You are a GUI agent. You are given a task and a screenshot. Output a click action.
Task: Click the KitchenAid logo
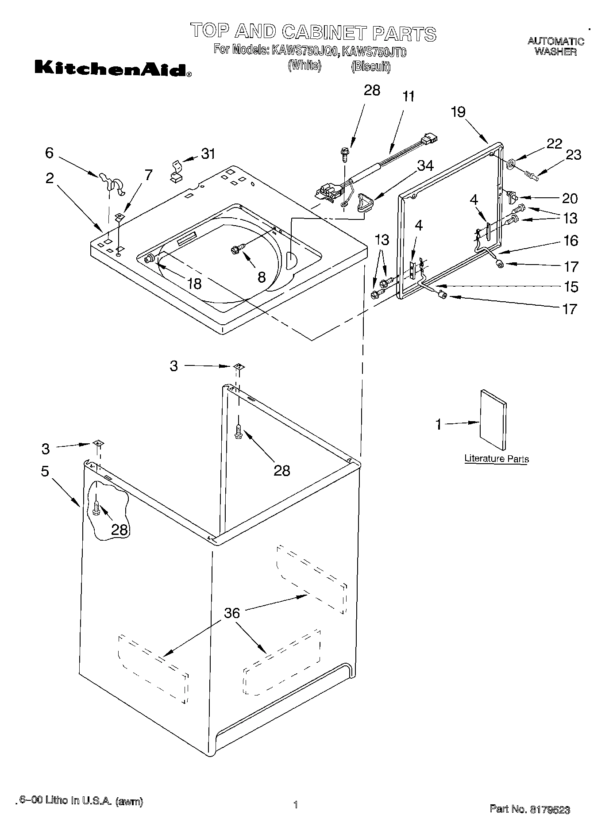[x=113, y=69]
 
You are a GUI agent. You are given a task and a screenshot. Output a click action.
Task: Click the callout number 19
[x=458, y=112]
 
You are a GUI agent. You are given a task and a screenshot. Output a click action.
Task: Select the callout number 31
[x=208, y=154]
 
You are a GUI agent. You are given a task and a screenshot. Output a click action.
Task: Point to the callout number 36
[x=232, y=613]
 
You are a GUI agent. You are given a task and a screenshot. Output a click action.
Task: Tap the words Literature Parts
[x=496, y=459]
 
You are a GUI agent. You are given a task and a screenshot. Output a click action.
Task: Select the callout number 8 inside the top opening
[x=261, y=277]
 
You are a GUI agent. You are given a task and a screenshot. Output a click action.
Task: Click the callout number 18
[x=194, y=283]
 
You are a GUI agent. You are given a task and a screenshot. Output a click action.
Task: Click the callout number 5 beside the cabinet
[x=45, y=471]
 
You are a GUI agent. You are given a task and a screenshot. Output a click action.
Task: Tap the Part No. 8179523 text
[x=529, y=809]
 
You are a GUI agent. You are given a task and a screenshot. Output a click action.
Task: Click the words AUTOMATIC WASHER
[x=555, y=46]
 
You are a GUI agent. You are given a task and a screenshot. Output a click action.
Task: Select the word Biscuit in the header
[x=370, y=67]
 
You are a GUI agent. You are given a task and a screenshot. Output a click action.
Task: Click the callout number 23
[x=573, y=155]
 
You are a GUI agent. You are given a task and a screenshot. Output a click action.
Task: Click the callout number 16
[x=571, y=241]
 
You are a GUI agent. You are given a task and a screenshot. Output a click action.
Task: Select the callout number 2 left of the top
[x=50, y=178]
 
